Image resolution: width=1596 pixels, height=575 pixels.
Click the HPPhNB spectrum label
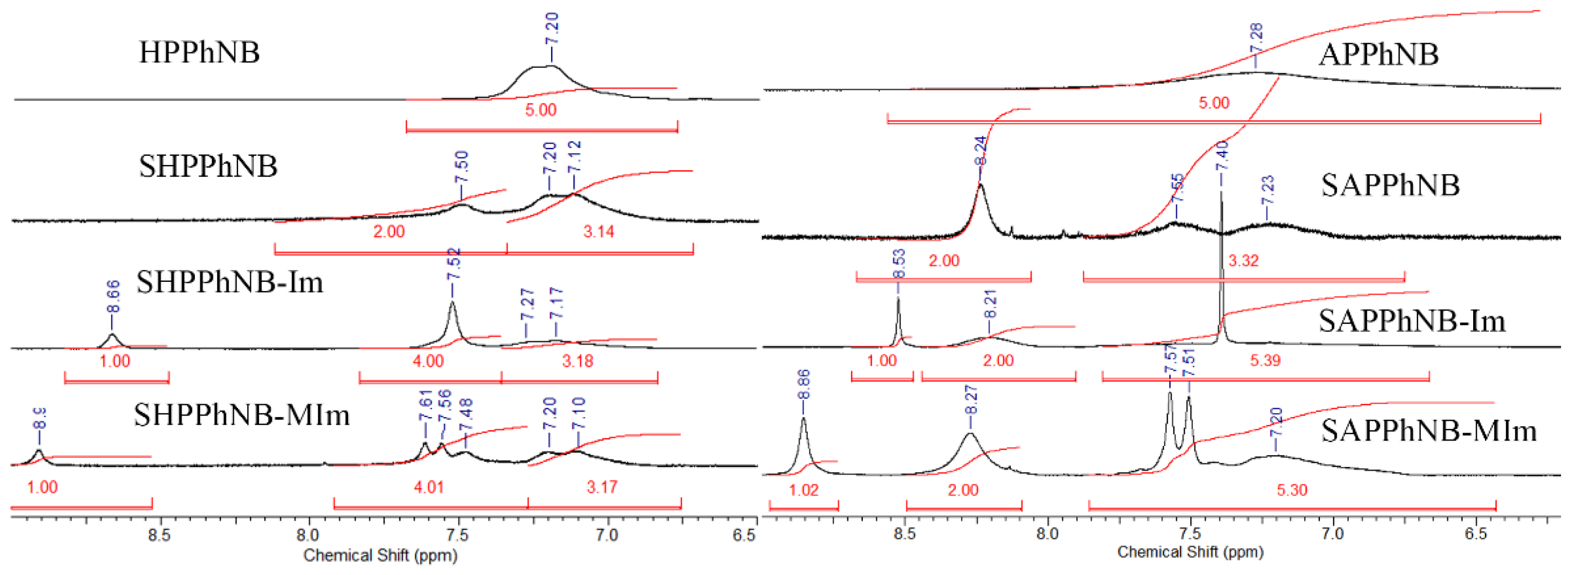[199, 52]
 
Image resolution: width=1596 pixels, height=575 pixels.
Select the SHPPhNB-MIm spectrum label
[242, 415]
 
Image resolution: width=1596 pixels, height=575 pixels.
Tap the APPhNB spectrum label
[1378, 55]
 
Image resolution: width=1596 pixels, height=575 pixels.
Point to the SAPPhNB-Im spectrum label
[1411, 321]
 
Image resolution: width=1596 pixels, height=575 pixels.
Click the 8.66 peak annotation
[113, 297]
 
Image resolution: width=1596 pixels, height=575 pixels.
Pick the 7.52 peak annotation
[454, 264]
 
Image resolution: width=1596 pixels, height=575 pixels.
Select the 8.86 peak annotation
[804, 385]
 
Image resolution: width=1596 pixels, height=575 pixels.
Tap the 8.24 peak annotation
[980, 151]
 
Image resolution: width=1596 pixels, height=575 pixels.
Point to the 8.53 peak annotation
[898, 263]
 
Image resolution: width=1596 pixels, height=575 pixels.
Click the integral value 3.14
[598, 232]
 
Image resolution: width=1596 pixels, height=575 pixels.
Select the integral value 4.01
[429, 487]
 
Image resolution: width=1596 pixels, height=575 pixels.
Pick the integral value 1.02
[804, 490]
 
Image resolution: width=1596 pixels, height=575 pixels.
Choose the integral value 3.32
[1243, 260]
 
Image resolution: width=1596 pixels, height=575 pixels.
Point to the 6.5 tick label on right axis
[1475, 533]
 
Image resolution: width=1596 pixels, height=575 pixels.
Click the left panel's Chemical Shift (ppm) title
[380, 555]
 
